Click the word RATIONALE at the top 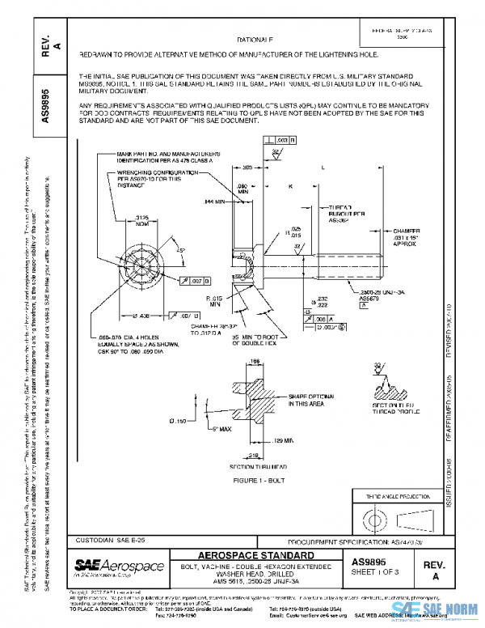(255, 39)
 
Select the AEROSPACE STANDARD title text (256, 555)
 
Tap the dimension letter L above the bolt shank (323, 168)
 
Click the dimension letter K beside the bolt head (289, 186)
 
